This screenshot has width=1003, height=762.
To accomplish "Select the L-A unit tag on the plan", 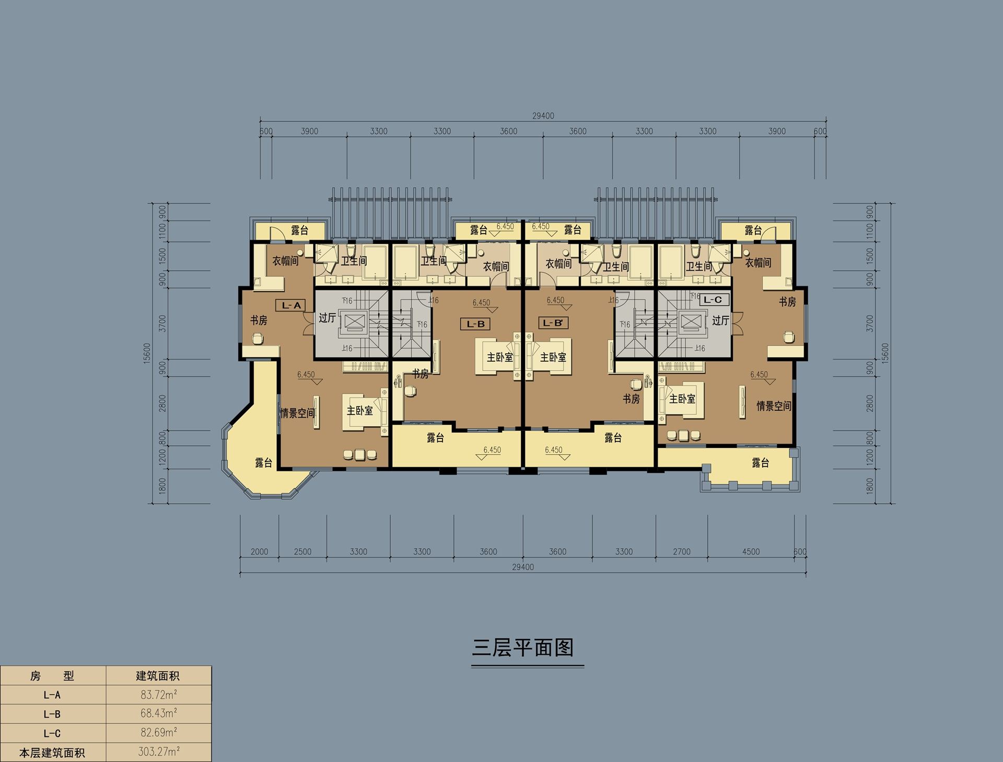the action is [291, 305].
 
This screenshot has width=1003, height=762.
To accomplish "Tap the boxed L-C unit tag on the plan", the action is [713, 299].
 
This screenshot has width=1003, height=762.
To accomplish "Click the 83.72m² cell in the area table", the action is [159, 695].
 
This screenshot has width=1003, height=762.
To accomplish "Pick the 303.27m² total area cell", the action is [159, 752].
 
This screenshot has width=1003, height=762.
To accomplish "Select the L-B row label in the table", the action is [52, 714].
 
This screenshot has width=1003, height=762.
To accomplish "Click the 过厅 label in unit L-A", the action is [327, 318].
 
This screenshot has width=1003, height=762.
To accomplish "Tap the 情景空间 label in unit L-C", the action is [774, 406].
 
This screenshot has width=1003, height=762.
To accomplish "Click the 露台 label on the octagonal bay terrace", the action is [264, 463].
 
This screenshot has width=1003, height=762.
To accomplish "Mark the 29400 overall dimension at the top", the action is [543, 116].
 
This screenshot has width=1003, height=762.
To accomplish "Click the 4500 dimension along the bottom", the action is [751, 551].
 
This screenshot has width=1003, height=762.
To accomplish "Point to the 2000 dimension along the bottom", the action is [259, 551].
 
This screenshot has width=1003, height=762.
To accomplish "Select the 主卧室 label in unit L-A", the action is [360, 411].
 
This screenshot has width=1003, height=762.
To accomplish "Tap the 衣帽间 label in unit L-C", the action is [758, 263].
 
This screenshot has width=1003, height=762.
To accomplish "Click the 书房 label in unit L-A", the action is [259, 320].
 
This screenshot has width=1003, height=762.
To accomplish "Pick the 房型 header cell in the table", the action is [52, 676].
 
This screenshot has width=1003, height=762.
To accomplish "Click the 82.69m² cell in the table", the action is [159, 733].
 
